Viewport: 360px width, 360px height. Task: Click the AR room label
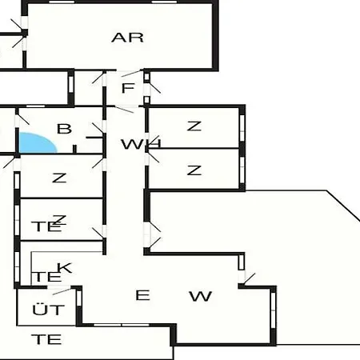(x=127, y=38)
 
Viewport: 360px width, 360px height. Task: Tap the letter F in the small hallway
(x=128, y=88)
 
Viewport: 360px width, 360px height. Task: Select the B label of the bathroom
(x=65, y=129)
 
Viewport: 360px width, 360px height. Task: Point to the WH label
(x=141, y=144)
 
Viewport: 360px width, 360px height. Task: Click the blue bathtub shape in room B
(x=36, y=143)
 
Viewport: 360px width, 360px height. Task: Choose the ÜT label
(x=49, y=310)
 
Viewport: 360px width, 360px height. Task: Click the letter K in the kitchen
(x=65, y=268)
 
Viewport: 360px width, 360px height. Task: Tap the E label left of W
(x=142, y=295)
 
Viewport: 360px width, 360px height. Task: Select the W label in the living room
(x=201, y=296)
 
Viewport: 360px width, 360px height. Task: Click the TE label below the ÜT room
(x=46, y=339)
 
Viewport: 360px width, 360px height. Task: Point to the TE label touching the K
(x=46, y=277)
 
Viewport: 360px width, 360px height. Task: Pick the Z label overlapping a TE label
(x=59, y=220)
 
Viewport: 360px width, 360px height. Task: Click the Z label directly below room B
(x=59, y=178)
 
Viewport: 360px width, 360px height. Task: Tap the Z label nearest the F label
(x=194, y=126)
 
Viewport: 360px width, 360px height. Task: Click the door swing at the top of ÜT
(x=62, y=291)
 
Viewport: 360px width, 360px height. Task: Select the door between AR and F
(x=131, y=73)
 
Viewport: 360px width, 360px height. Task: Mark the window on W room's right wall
(x=273, y=310)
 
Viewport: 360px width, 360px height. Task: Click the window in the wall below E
(x=122, y=325)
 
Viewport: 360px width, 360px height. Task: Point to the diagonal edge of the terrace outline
(x=343, y=206)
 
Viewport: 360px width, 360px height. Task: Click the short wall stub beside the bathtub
(x=74, y=149)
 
